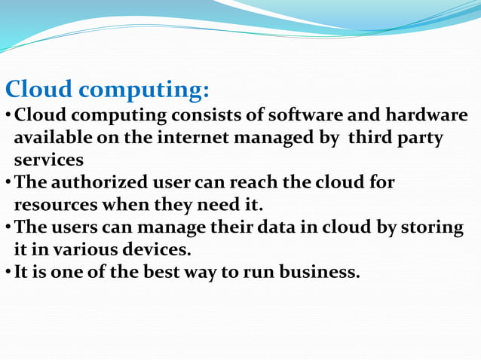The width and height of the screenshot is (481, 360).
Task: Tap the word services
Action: [x=48, y=160]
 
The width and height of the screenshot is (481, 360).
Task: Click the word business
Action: [x=319, y=272]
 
